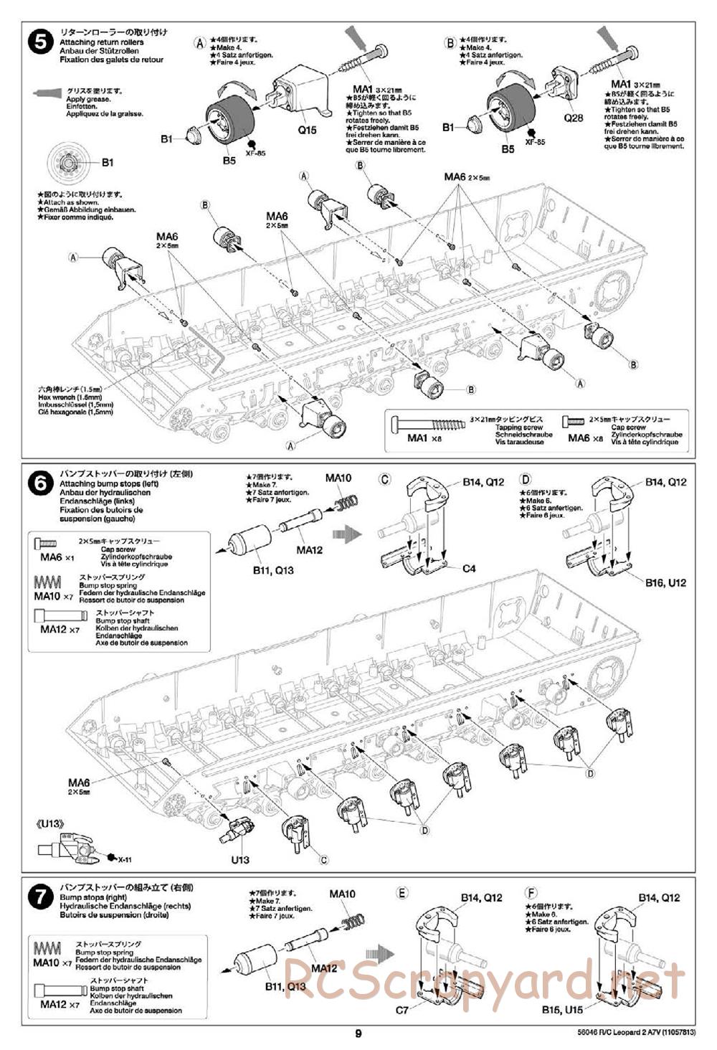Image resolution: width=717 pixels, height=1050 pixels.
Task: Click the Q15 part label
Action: [x=306, y=130]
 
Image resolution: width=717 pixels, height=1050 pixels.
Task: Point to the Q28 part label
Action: [x=573, y=118]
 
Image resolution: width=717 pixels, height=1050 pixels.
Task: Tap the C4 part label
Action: [x=469, y=569]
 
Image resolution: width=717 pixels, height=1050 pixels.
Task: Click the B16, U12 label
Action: [x=665, y=582]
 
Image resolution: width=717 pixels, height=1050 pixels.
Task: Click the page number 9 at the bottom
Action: [x=358, y=1034]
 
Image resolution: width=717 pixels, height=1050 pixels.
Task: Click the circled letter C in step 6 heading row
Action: [x=385, y=479]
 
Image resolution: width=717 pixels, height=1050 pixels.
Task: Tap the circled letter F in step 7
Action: [x=531, y=893]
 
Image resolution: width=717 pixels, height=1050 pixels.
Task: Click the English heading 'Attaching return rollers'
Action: [x=101, y=42]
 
